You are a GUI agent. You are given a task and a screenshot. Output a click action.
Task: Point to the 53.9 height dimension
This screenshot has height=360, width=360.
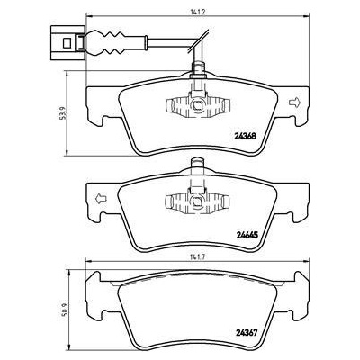pyautogui.click(x=61, y=113)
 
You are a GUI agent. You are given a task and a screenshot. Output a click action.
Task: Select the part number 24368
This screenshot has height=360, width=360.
pyautogui.click(x=245, y=137)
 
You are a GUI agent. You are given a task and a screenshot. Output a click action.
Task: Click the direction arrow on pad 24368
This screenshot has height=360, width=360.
pyautogui.click(x=294, y=103)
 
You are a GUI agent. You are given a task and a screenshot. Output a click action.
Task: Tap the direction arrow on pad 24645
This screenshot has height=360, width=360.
pyautogui.click(x=101, y=198)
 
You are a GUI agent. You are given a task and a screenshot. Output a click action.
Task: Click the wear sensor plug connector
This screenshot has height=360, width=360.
pyautogui.click(x=68, y=42)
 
